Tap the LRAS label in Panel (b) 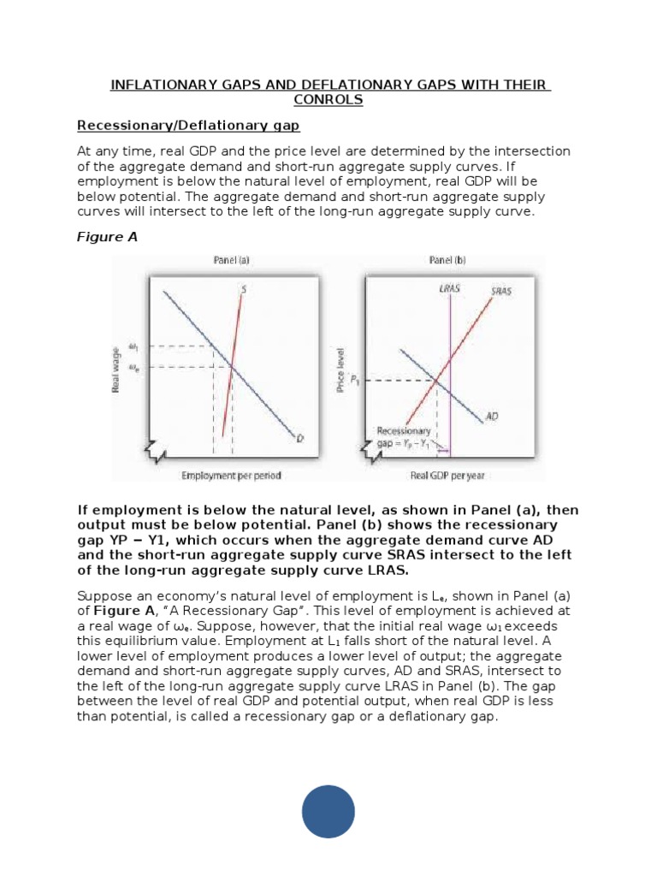click(449, 289)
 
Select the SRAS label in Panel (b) click(503, 291)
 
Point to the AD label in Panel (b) click(492, 417)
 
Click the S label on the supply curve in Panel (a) click(244, 290)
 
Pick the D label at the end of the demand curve click(300, 439)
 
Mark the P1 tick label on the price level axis click(353, 381)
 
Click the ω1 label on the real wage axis click(133, 346)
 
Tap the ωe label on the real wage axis click(133, 366)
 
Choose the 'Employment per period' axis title click(231, 475)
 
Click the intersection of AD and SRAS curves click(437, 380)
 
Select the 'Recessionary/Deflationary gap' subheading click(188, 126)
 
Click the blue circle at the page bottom click(328, 812)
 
